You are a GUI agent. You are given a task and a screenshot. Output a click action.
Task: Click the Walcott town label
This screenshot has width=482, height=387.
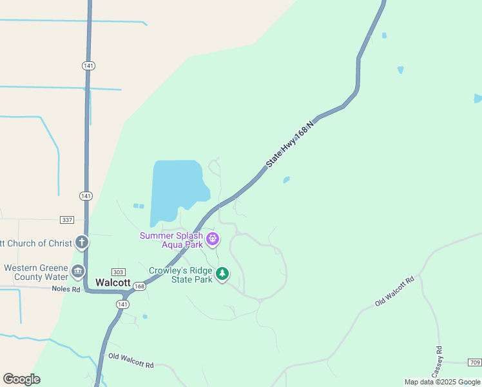[x=113, y=283]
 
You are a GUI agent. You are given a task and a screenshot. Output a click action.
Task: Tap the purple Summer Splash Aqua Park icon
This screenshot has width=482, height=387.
[x=213, y=240]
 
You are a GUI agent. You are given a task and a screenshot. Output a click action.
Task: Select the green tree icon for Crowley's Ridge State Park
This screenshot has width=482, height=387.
[x=222, y=274]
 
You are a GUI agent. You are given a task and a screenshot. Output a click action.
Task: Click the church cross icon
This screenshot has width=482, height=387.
[x=81, y=243]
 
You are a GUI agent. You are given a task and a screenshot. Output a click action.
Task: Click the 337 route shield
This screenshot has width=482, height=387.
[x=66, y=220]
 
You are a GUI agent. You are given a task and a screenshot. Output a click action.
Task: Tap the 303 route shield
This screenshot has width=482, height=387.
[x=118, y=272]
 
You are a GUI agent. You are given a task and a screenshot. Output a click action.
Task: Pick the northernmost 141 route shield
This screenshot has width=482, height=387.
[x=88, y=66]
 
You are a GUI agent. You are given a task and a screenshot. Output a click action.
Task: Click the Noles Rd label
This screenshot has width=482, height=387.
[x=67, y=289]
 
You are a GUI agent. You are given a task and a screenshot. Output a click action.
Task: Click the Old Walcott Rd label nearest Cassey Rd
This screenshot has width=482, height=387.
[x=394, y=292]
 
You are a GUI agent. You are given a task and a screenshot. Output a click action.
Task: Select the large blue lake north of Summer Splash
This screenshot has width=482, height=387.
[x=177, y=190]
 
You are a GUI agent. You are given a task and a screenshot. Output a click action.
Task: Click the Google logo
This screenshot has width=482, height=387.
[x=21, y=379]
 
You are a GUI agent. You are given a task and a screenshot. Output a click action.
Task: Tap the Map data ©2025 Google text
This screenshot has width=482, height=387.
[x=441, y=382]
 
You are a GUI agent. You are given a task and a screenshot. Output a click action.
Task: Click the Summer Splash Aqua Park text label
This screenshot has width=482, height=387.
[x=171, y=240]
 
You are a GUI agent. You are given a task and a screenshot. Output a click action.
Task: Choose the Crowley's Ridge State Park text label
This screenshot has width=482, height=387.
[x=180, y=275]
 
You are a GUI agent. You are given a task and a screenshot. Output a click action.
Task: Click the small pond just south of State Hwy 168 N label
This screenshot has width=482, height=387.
[x=286, y=180]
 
